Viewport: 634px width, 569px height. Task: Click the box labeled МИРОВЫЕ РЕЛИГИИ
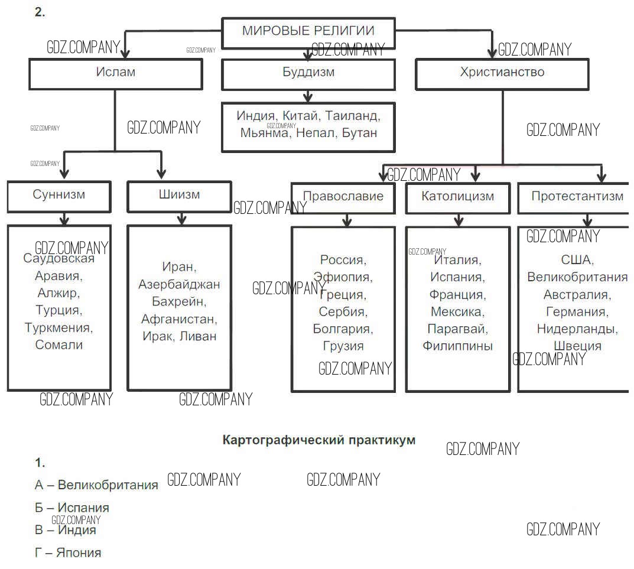click(x=308, y=31)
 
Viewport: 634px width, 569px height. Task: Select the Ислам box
click(x=116, y=73)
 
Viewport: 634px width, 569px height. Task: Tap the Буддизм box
click(x=308, y=73)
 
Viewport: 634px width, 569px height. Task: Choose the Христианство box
click(x=502, y=73)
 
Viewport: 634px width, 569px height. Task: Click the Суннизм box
click(x=59, y=195)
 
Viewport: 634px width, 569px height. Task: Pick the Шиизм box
click(x=179, y=195)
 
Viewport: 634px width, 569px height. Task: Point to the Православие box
click(x=343, y=196)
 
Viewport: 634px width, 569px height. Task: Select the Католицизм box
click(x=458, y=196)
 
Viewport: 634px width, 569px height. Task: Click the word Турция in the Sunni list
click(x=58, y=310)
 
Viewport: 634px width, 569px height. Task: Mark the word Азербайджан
click(x=179, y=285)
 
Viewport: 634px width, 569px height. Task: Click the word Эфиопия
click(x=342, y=277)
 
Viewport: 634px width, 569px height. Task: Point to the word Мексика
click(x=457, y=311)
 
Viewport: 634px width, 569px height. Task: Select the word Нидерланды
click(x=577, y=329)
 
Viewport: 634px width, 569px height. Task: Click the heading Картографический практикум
click(x=319, y=440)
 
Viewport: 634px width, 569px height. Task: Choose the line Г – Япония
click(x=68, y=553)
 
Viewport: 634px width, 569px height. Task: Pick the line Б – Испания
click(x=72, y=508)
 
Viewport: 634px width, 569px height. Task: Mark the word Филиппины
click(x=457, y=346)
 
